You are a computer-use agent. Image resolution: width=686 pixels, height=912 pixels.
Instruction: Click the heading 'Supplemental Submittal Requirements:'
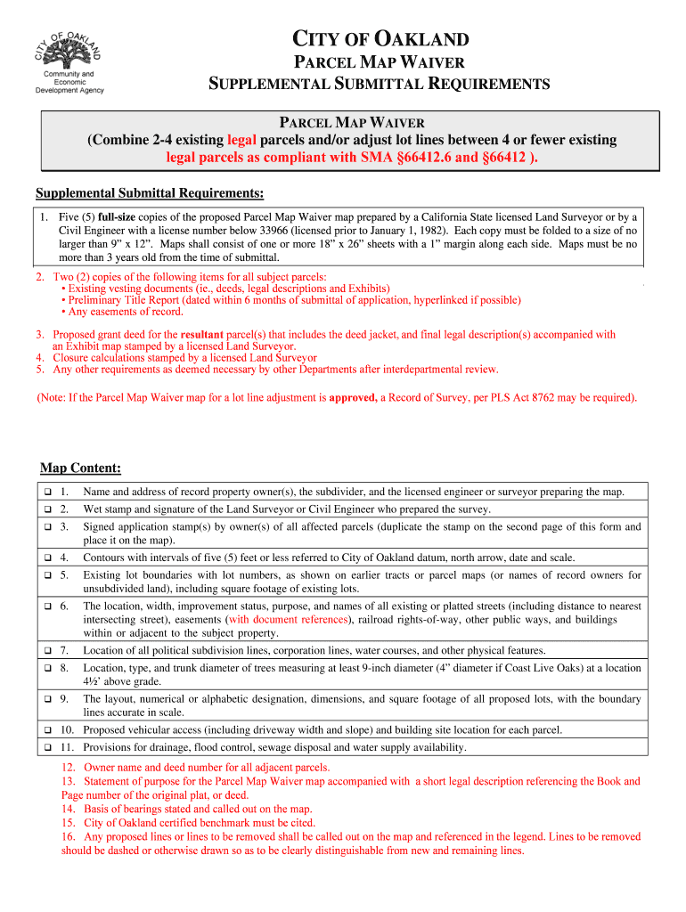tap(149, 194)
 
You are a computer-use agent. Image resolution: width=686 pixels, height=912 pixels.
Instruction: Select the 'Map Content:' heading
tap(81, 468)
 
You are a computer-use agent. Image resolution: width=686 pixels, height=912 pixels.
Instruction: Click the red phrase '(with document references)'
tap(289, 620)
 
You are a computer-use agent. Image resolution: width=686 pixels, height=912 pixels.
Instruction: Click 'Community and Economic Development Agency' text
tap(69, 82)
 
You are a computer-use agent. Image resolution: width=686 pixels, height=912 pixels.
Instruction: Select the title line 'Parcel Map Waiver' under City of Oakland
tap(379, 62)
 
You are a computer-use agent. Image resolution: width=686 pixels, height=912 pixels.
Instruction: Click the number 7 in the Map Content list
tap(64, 650)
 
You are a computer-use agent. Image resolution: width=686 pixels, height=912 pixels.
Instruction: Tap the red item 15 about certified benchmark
tap(189, 823)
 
